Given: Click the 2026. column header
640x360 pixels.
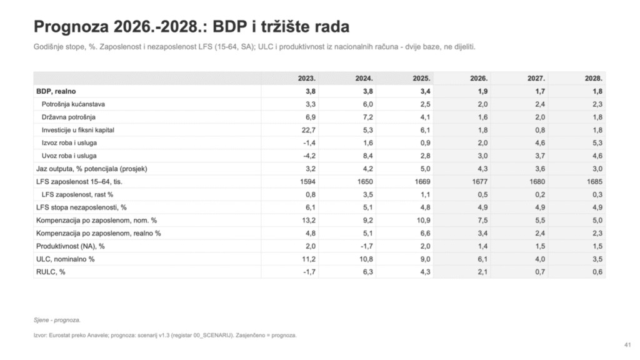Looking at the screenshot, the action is tap(479, 78).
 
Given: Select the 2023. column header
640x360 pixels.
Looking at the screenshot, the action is tap(306, 78).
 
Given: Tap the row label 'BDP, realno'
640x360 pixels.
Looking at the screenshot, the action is tap(56, 91).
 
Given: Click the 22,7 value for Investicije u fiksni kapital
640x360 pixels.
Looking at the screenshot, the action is tap(309, 130).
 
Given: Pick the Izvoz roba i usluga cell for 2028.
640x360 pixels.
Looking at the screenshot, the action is tap(597, 143).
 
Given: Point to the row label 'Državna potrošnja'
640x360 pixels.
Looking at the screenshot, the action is tap(69, 117).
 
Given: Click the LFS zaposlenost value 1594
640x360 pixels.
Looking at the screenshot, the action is tap(307, 182).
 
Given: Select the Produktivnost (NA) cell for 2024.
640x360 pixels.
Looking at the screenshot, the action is tap(367, 246).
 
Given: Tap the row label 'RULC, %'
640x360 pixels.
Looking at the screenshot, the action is tap(51, 272).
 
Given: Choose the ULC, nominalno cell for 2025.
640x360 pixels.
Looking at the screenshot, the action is tap(425, 259).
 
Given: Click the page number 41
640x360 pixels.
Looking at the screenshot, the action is tap(627, 345).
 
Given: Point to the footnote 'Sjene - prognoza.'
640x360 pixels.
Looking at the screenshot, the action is tap(57, 320).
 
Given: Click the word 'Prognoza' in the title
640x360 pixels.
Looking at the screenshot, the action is tap(71, 27).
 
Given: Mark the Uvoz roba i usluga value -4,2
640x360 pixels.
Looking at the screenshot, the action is tap(309, 156).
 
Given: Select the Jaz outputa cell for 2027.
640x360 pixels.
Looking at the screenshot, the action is tap(540, 169).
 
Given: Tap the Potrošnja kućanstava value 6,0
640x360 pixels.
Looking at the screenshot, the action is tap(367, 104).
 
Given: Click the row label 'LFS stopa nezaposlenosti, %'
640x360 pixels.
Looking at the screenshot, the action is tap(81, 207).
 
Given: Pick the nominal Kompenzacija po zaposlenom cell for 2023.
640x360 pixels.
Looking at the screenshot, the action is tap(309, 221).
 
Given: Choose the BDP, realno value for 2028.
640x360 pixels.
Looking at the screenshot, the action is tap(597, 91).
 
